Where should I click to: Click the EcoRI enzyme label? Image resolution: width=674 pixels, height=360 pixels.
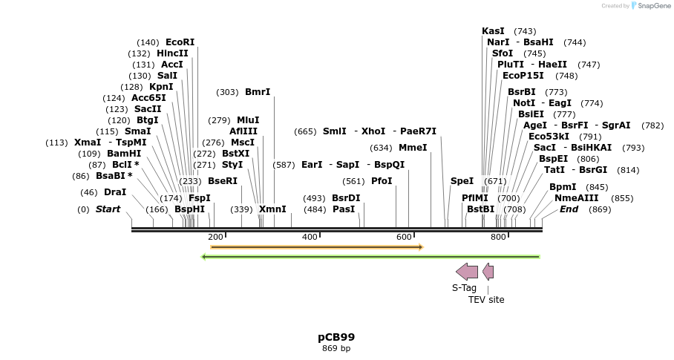tap(180, 42)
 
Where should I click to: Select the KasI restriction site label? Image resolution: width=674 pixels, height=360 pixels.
tap(493, 31)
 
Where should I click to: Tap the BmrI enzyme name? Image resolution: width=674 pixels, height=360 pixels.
tap(258, 92)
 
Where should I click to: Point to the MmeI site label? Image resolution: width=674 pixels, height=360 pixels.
tap(413, 147)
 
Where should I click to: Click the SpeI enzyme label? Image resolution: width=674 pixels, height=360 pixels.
tap(462, 180)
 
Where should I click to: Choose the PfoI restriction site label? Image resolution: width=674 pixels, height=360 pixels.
tap(382, 180)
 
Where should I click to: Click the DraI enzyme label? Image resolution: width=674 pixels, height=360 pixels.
tap(115, 192)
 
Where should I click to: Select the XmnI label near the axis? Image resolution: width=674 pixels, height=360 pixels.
tap(272, 209)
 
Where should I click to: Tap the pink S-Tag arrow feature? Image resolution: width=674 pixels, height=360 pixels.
tap(467, 272)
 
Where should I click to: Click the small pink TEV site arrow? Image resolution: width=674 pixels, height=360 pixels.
tap(488, 272)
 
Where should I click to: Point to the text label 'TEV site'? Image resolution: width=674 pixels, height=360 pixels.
tap(486, 300)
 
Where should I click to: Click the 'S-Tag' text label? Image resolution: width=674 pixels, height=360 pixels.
tap(465, 288)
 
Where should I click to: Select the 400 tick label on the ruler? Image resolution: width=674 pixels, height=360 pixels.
tap(310, 237)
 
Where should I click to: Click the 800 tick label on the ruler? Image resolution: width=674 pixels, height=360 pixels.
tap(498, 237)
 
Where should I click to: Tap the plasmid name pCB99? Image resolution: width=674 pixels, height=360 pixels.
tap(336, 337)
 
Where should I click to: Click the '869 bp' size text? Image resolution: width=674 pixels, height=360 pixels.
tap(336, 348)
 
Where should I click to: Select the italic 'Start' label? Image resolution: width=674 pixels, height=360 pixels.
tap(108, 209)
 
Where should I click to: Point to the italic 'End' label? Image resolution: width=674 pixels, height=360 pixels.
tap(569, 209)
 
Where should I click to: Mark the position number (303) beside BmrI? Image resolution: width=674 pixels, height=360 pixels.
tap(227, 92)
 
